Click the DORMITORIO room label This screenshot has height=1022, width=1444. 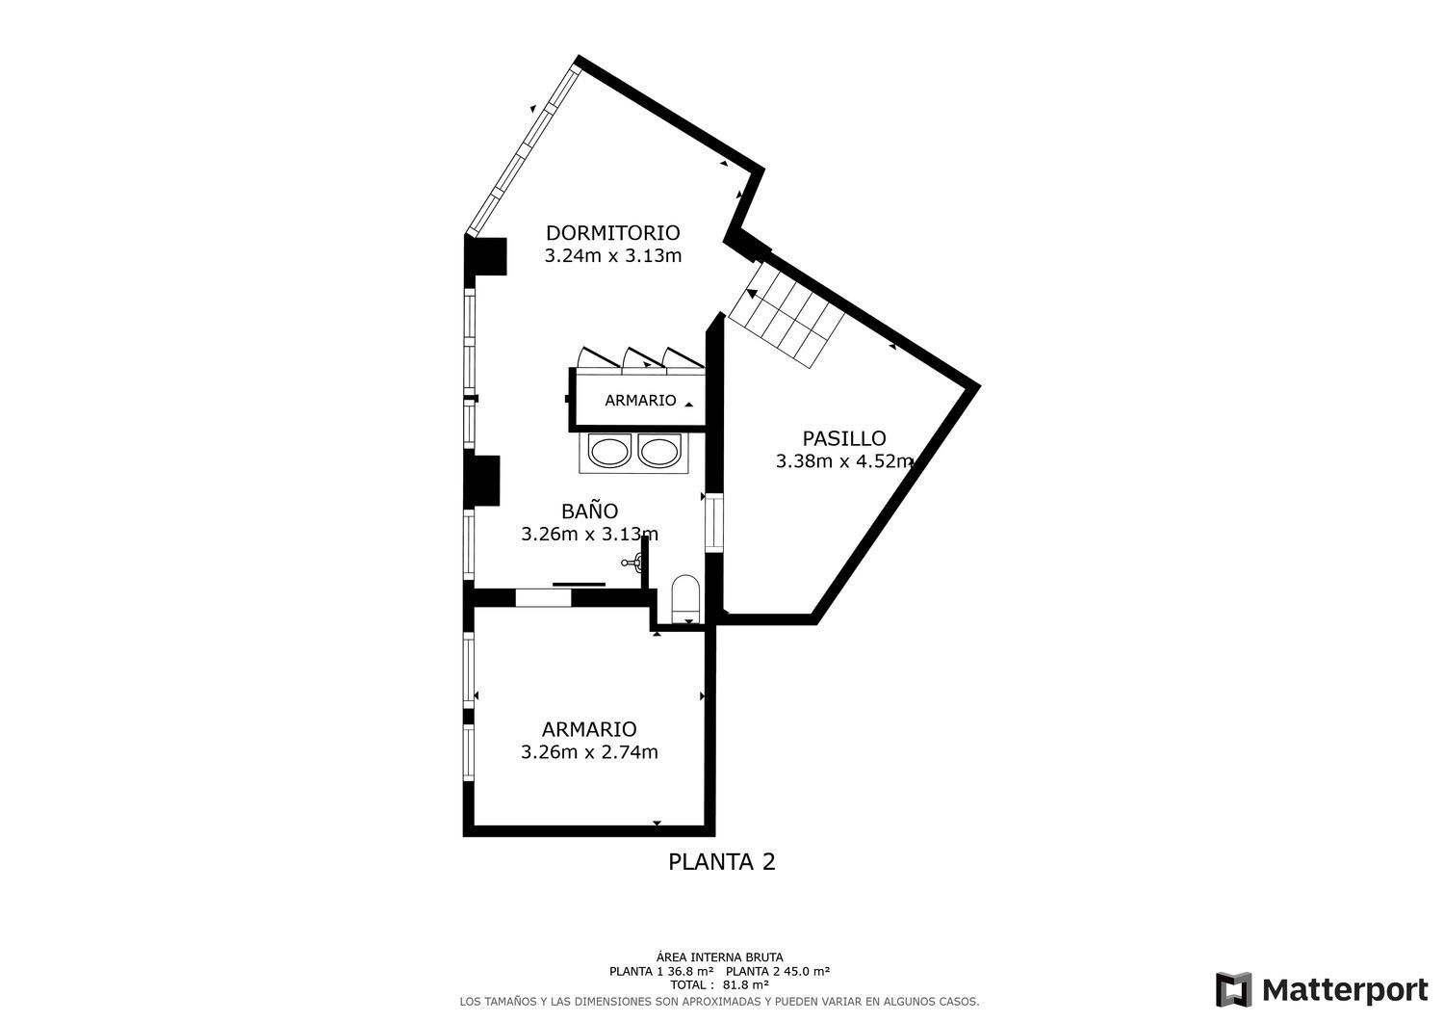(612, 233)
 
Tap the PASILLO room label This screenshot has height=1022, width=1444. (843, 438)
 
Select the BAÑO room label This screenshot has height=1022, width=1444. (589, 511)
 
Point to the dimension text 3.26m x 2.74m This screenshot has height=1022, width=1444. (589, 752)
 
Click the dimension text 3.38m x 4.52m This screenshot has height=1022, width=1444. (843, 461)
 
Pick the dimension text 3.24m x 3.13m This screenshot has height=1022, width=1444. (612, 256)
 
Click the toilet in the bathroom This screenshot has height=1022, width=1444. (685, 595)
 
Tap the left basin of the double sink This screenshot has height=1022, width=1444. (608, 452)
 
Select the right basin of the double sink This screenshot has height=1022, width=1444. (659, 452)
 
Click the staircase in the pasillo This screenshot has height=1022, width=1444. (785, 313)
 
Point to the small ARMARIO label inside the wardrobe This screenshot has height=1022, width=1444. (640, 401)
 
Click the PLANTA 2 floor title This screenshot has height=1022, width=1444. (721, 862)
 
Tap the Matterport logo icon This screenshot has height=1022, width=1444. (1233, 989)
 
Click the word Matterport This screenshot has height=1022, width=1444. (1345, 989)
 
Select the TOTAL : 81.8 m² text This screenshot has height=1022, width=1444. (719, 985)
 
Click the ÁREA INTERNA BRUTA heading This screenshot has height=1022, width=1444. (719, 957)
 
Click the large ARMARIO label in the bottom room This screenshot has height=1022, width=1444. (589, 729)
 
